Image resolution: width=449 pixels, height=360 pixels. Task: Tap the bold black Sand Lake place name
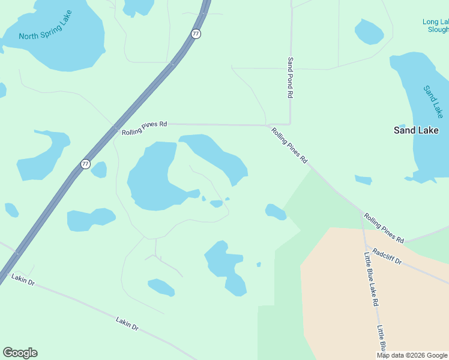tap(416, 130)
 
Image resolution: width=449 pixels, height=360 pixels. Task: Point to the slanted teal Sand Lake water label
tap(433, 101)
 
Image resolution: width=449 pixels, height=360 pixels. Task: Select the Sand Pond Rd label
tap(291, 77)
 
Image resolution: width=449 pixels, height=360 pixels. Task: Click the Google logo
tap(20, 353)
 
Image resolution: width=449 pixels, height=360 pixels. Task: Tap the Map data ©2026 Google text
tap(412, 356)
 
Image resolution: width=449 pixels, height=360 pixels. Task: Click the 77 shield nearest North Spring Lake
tap(196, 34)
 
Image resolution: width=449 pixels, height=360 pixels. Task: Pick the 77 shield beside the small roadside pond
tap(86, 164)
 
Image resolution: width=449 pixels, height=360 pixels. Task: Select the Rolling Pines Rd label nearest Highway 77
tap(144, 128)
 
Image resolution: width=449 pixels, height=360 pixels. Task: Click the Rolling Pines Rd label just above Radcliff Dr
tap(384, 227)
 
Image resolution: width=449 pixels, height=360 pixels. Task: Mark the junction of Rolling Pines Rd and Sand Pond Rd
tap(291, 125)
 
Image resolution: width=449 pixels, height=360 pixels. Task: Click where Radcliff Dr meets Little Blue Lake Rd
tap(366, 246)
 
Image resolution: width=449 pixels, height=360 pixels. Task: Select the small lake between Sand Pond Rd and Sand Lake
tap(369, 32)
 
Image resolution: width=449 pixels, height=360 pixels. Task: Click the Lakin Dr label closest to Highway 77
tap(23, 279)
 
